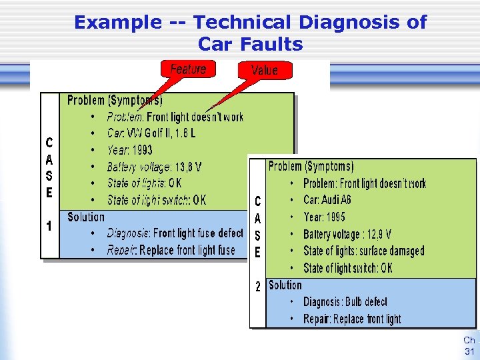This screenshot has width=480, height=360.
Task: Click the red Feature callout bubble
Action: point(188,69)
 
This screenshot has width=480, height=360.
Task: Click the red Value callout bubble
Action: point(264,69)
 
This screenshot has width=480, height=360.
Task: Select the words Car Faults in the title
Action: point(250,45)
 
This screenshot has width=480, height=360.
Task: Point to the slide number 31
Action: point(469,351)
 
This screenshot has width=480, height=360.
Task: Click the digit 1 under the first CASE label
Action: point(49,226)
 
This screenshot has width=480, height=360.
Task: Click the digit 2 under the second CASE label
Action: point(258,287)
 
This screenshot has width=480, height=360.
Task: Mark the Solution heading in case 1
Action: point(86,217)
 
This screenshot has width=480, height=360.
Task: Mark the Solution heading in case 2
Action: point(285,285)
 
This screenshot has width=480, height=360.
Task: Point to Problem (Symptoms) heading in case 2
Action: point(311,166)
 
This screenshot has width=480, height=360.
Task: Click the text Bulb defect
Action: point(366,302)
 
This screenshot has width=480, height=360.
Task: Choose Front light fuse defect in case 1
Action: point(198,233)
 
